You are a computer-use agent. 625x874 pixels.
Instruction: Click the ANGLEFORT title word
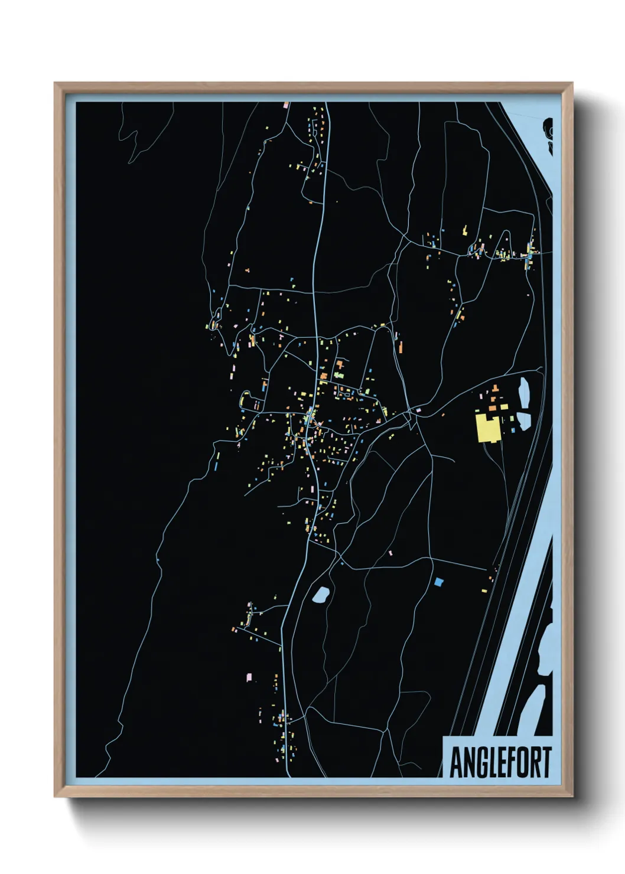tap(500, 762)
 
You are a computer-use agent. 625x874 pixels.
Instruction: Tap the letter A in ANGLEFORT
tap(455, 762)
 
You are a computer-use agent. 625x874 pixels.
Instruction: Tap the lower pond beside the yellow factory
tap(524, 420)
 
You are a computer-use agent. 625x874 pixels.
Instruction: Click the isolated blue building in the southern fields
tap(438, 582)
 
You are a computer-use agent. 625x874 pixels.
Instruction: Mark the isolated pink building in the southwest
tap(249, 677)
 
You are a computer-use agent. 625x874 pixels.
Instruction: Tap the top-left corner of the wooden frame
tap(55, 83)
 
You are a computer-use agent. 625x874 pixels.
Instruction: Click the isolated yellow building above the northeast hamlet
tap(465, 229)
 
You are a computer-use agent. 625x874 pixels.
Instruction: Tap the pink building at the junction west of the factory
tap(418, 409)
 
